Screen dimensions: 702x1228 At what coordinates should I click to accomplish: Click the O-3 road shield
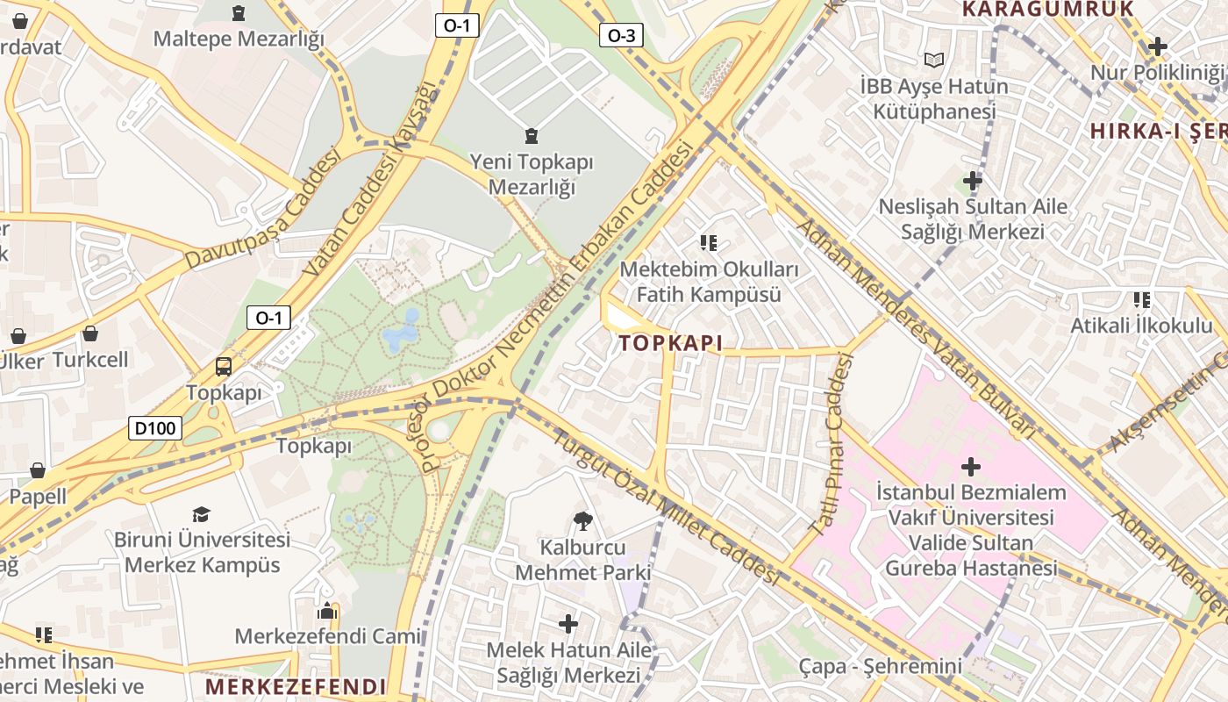point(621,35)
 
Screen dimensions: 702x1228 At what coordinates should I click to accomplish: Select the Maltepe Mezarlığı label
point(239,39)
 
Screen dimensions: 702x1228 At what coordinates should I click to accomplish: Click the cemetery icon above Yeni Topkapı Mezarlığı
point(531,136)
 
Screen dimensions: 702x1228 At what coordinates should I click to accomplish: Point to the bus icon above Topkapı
point(224,367)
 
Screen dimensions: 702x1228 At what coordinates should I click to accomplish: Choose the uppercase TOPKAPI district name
point(671,343)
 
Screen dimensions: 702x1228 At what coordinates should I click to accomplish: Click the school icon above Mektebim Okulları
point(708,242)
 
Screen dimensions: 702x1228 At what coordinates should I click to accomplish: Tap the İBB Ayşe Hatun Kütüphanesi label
point(934,99)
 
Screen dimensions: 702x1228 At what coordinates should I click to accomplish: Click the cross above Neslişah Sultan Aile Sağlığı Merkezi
point(972,182)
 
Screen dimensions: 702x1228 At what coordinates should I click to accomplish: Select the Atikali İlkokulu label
point(1141,326)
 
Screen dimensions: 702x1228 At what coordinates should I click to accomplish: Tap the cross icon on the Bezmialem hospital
point(971,466)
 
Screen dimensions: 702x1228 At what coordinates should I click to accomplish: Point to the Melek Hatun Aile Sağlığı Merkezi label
point(569,663)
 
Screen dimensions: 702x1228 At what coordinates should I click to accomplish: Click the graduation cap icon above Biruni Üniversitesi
point(202,514)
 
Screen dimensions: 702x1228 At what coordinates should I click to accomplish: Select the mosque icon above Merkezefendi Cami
point(327,611)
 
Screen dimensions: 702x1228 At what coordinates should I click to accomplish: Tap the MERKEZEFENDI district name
point(296,686)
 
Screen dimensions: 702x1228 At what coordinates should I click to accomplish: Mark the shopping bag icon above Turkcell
point(89,334)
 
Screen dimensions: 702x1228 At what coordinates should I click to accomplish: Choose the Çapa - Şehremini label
point(880,666)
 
